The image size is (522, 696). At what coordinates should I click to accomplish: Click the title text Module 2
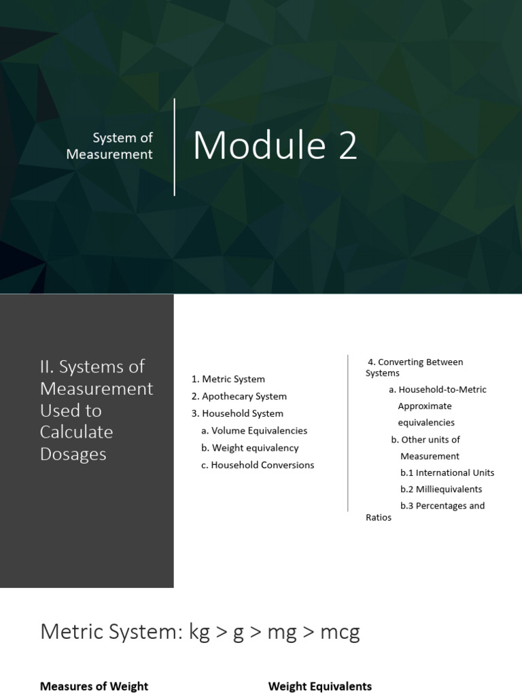[275, 145]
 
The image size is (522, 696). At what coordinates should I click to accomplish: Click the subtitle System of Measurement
[110, 146]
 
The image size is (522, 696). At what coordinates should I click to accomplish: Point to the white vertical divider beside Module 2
[175, 147]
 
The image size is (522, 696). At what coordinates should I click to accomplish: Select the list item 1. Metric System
[228, 379]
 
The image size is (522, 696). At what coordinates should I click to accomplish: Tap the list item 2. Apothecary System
[239, 396]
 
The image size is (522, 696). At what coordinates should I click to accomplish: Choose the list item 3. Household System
[237, 413]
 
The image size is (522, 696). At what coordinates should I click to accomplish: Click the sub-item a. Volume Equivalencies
[254, 430]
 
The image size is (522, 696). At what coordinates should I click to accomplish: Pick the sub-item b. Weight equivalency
[249, 448]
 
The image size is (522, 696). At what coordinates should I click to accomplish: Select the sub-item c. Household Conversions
[258, 465]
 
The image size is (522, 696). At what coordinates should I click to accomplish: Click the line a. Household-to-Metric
[438, 389]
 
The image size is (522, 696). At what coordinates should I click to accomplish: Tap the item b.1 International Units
[447, 472]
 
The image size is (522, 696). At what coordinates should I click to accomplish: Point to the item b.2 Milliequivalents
[441, 489]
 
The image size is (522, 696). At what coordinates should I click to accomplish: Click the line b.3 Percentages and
[442, 506]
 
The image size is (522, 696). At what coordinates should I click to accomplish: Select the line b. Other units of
[425, 439]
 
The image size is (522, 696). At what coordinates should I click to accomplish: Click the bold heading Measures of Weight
[94, 686]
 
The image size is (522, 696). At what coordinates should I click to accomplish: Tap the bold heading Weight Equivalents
[320, 686]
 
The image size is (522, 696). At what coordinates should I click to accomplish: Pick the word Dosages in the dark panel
[73, 454]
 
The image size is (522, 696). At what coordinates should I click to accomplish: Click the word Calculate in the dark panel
[77, 432]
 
